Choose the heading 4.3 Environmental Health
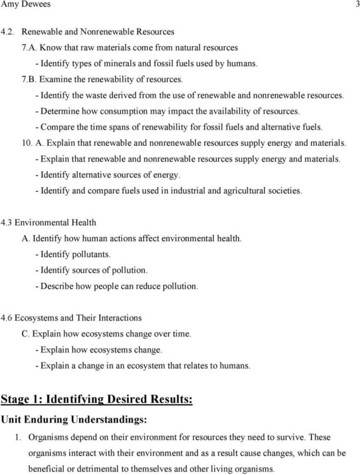coord(48,222)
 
